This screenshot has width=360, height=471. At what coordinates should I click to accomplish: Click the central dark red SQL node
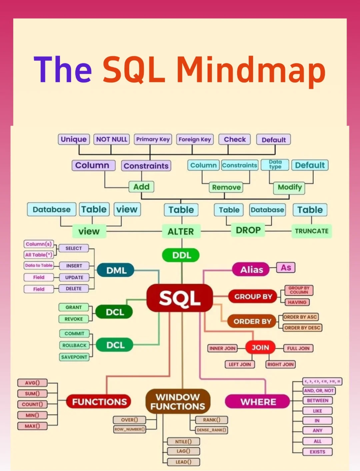coord(180,298)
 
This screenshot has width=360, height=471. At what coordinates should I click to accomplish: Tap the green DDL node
coord(181,255)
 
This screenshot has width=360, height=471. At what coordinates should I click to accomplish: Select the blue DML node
coord(116,270)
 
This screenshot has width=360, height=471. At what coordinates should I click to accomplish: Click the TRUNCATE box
coord(311,231)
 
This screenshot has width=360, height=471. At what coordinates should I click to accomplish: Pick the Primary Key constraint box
coord(153,139)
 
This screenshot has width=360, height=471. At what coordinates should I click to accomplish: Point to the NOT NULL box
coord(112,139)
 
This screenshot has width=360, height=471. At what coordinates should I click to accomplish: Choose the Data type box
coord(275,165)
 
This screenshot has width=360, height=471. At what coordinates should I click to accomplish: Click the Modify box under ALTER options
coord(289,187)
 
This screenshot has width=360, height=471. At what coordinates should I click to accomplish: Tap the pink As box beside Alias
coord(286,268)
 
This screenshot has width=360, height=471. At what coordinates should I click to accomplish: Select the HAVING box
coord(297,302)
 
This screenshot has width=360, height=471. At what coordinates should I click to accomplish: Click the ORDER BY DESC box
coord(302,328)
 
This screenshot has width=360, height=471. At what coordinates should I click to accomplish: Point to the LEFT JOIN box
coord(240,364)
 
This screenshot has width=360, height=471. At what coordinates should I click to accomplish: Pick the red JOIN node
coord(260,348)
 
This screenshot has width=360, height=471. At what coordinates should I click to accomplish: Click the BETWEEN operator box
coord(317,401)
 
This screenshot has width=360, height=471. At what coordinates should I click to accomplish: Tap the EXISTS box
coord(317,452)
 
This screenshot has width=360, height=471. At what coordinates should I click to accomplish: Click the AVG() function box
coord(32,383)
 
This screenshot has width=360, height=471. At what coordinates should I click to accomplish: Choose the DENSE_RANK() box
coord(211,430)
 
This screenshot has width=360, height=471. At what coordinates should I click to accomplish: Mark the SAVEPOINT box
coord(74,357)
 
